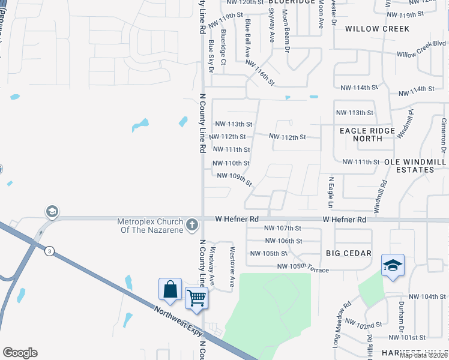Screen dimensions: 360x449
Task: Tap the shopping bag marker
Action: pos(170,289)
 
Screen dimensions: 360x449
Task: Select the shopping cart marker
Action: pos(196,298)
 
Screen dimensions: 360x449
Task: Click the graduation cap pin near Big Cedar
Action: pos(393,265)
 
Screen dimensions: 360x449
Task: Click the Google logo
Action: pos(20,353)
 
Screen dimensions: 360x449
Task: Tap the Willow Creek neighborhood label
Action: pos(378,29)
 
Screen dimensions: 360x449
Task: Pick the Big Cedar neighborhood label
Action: pos(349,253)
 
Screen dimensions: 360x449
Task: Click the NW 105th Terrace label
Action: pos(303,268)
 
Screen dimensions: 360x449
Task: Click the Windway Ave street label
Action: pos(212,264)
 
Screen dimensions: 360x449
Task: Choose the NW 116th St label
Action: pos(260,73)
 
